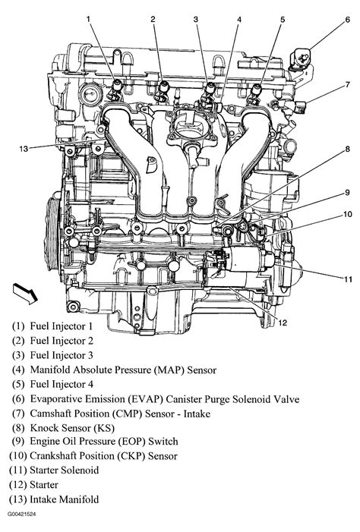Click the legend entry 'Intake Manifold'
pyautogui.click(x=65, y=499)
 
